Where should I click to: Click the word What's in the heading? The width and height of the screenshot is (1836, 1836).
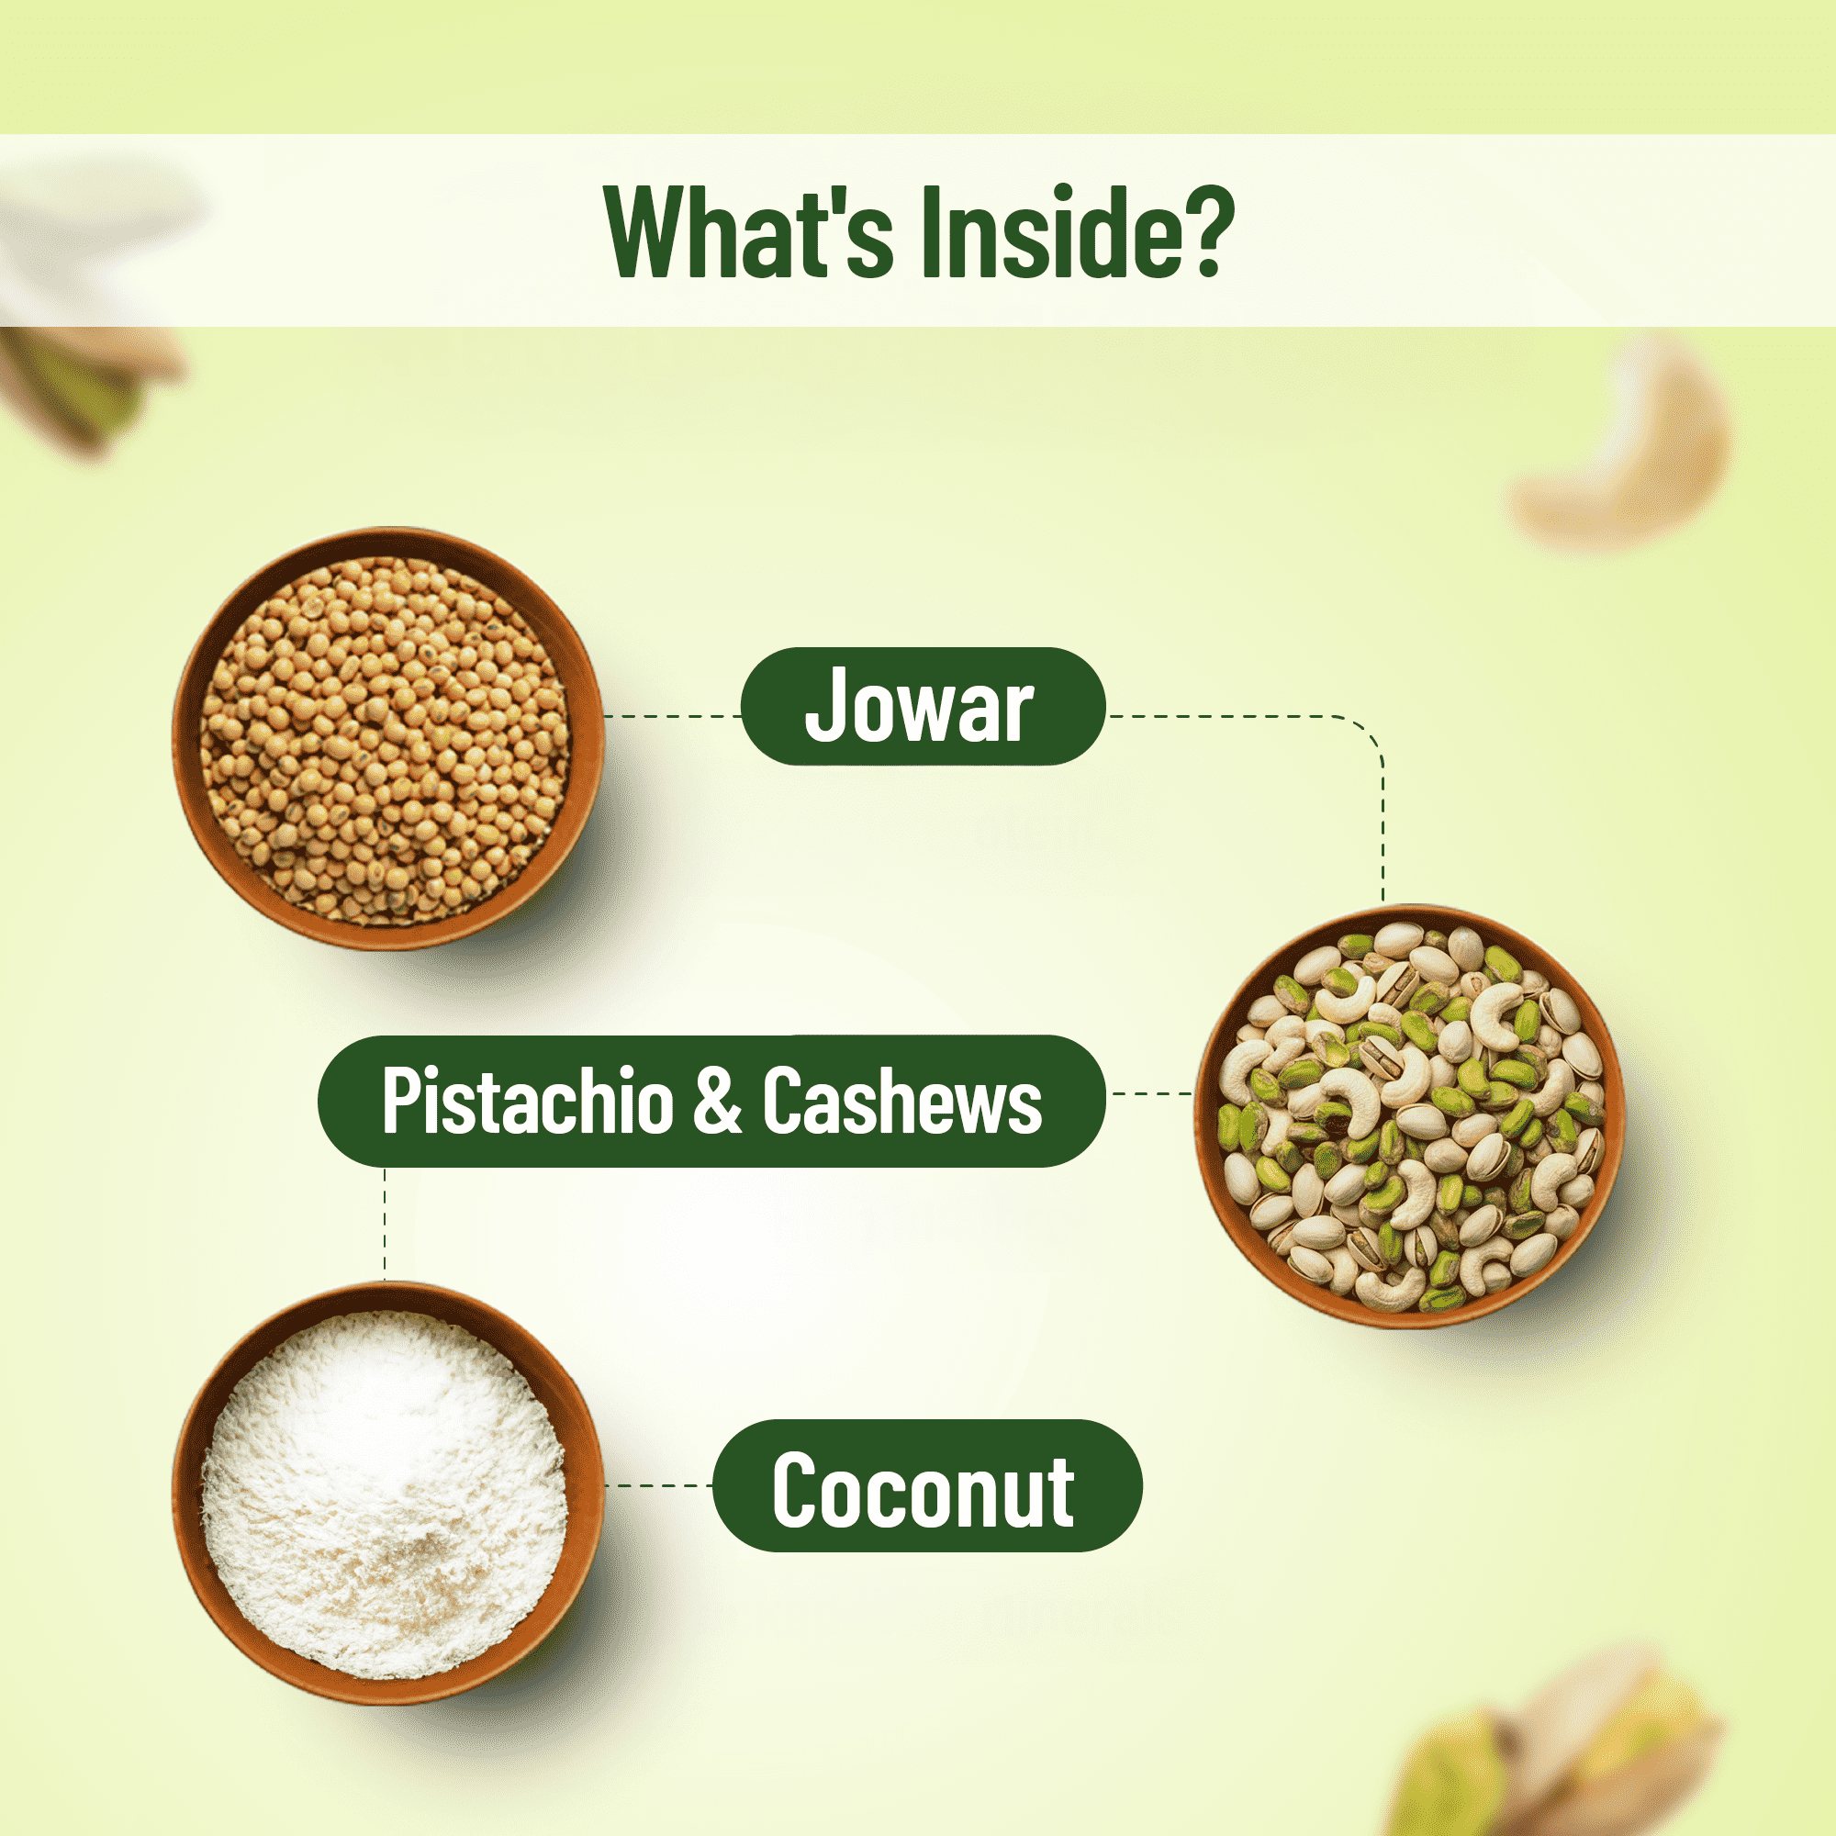click(x=749, y=232)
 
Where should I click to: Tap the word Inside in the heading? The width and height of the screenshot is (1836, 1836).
click(x=1055, y=232)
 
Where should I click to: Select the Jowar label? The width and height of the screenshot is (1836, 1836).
click(x=923, y=706)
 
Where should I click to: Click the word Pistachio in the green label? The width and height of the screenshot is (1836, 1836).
click(x=528, y=1101)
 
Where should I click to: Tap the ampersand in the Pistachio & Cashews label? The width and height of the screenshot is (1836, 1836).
click(x=718, y=1101)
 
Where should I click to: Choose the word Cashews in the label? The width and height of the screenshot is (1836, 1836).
click(x=901, y=1101)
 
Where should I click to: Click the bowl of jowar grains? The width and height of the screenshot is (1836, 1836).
click(x=387, y=738)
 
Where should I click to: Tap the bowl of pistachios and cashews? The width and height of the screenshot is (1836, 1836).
click(x=1409, y=1115)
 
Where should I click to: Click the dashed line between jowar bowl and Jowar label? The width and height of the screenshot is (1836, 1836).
click(x=672, y=716)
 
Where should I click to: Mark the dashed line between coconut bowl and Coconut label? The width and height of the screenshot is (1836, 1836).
click(x=658, y=1485)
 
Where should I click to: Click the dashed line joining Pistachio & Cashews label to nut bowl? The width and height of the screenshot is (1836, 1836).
click(x=1151, y=1094)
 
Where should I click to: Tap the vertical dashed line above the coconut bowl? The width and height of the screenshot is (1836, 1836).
click(x=385, y=1224)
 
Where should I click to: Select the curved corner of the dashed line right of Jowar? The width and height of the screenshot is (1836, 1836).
click(x=1367, y=733)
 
